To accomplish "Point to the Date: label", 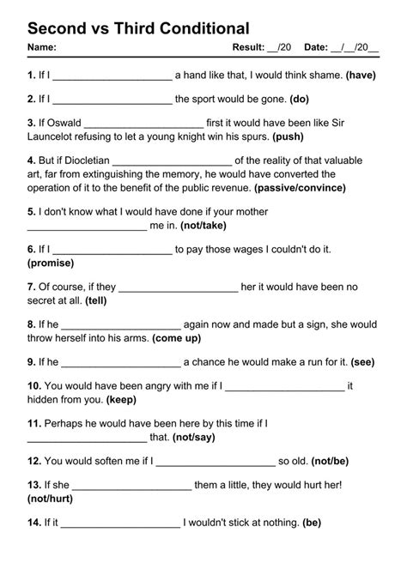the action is tap(319, 47).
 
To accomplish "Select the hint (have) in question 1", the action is tap(361, 76).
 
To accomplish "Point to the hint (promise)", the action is tap(51, 263).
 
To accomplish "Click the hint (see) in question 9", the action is tap(361, 363).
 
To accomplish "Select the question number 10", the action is tap(34, 387).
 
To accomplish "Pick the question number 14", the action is tap(34, 523).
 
